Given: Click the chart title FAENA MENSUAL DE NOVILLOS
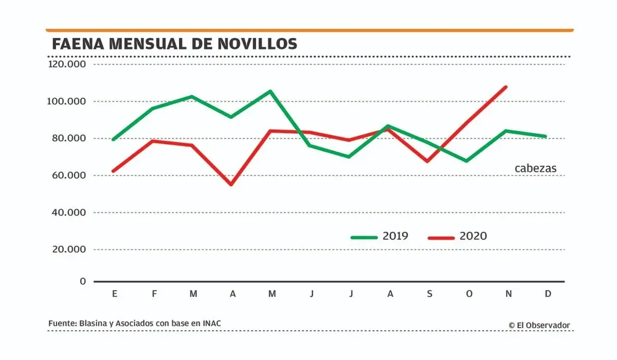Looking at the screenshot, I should point(174,44).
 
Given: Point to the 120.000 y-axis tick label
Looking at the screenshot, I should point(68,64).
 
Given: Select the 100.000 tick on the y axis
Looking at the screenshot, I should point(68,101).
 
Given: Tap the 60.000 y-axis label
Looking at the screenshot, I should point(68,175).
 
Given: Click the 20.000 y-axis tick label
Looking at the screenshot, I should point(68,249).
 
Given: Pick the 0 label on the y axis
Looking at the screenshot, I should point(83,282).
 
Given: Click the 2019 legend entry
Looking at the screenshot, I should point(395,236).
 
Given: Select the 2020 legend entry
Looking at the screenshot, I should point(472,236).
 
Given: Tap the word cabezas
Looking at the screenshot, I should point(536,169).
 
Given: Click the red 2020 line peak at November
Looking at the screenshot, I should point(506,87).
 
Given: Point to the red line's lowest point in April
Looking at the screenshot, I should point(231,184).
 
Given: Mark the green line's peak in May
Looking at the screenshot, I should point(271,91).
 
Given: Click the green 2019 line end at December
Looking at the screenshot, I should point(545,136).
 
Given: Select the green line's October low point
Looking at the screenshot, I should point(466,161).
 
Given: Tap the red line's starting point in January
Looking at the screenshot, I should point(113,171).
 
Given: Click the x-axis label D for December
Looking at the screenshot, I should point(547,294).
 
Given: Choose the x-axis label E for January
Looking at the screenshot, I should point(114,294).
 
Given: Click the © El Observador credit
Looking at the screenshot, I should point(539,325).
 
